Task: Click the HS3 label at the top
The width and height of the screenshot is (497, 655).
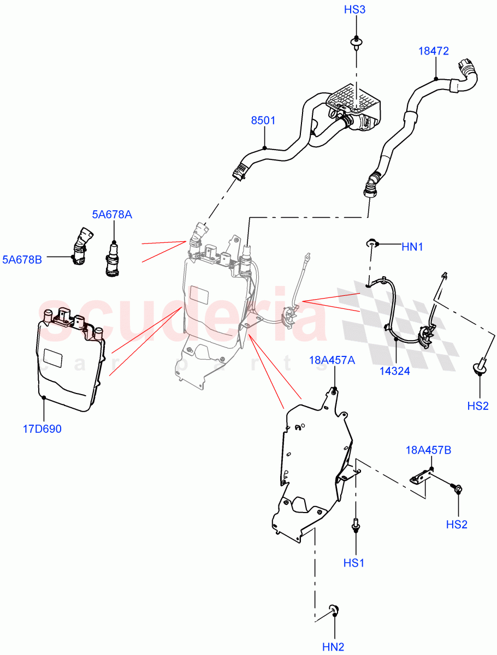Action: pyautogui.click(x=354, y=10)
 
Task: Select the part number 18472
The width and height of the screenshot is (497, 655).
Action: pyautogui.click(x=434, y=51)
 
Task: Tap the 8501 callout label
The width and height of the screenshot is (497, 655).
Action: pyautogui.click(x=263, y=121)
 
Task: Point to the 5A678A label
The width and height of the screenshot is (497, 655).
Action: pyautogui.click(x=111, y=215)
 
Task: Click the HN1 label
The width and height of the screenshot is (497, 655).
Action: pyautogui.click(x=412, y=247)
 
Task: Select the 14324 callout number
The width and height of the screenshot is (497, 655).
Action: pyautogui.click(x=395, y=371)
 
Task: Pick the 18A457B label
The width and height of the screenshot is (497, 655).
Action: pyautogui.click(x=428, y=450)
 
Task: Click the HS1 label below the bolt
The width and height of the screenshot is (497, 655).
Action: pyautogui.click(x=354, y=562)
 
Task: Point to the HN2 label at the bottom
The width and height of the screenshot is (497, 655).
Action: pyautogui.click(x=333, y=647)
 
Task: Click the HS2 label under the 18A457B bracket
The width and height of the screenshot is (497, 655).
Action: pyautogui.click(x=457, y=525)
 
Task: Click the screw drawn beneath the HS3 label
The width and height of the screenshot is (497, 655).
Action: pyautogui.click(x=356, y=42)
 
